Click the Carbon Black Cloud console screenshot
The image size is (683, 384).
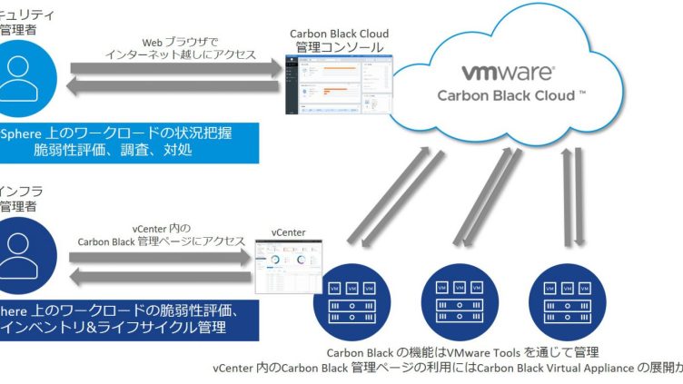[339, 90]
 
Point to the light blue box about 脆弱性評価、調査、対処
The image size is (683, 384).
[128, 142]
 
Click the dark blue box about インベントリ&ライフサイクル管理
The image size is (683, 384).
[128, 319]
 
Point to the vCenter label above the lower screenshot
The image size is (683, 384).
[289, 232]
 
